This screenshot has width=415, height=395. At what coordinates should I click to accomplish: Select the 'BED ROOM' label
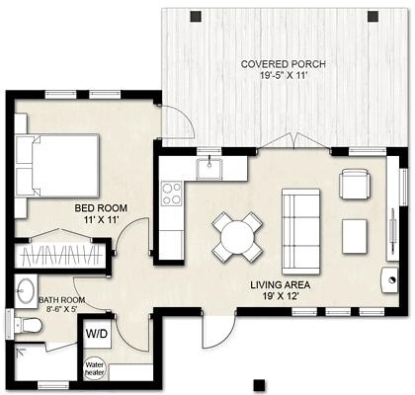[98, 208]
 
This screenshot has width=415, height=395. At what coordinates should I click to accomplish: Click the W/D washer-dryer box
[98, 335]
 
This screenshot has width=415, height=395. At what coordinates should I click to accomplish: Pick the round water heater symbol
[94, 369]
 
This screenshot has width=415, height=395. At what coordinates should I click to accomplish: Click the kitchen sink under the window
[210, 168]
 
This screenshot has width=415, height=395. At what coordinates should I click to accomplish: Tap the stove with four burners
[172, 193]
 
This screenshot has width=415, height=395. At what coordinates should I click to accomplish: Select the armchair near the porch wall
[354, 185]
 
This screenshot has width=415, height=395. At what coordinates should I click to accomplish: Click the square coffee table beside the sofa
[355, 235]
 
